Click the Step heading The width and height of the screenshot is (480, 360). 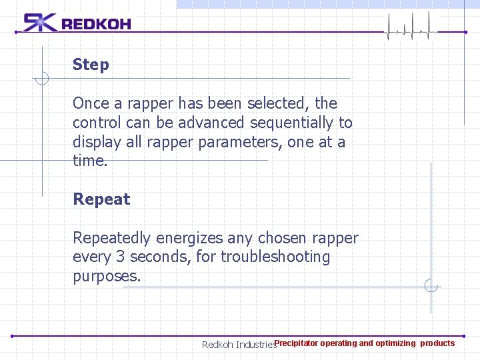[x=91, y=65]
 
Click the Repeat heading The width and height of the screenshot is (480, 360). [x=101, y=199]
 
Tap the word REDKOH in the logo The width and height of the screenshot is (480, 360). [x=96, y=24]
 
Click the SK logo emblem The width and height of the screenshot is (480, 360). [x=40, y=23]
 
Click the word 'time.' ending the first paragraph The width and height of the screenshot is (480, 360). [x=90, y=161]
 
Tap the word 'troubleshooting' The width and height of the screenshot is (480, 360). [x=275, y=257]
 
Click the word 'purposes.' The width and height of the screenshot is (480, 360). [x=107, y=276]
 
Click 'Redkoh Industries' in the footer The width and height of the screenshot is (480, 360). [x=239, y=345]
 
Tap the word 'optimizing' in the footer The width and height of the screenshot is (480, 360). [x=395, y=343]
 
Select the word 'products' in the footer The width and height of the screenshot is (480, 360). [x=437, y=343]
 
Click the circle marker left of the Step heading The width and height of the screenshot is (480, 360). [x=42, y=79]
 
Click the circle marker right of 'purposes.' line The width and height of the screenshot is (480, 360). [x=431, y=287]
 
